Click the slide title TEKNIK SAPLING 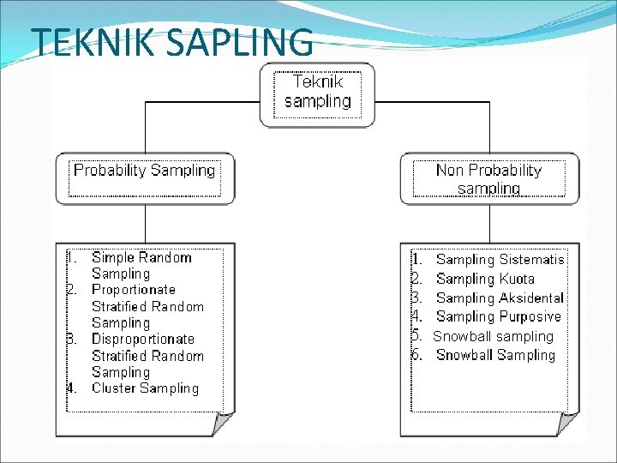(x=171, y=42)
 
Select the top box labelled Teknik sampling (x=317, y=93)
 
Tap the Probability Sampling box (x=144, y=171)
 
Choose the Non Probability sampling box (x=488, y=179)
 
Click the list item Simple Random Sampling (x=141, y=265)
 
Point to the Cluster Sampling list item (x=145, y=388)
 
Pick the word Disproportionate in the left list (x=143, y=339)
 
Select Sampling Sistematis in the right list (x=500, y=259)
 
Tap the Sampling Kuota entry (x=485, y=279)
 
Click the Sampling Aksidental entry (x=500, y=298)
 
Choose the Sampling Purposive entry (x=498, y=317)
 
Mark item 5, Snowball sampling (x=493, y=336)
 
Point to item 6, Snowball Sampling (x=495, y=355)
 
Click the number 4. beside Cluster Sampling (x=73, y=388)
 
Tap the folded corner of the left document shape (x=224, y=424)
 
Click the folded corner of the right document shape (x=568, y=424)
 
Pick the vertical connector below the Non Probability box (x=489, y=223)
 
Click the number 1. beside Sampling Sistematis (x=416, y=259)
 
